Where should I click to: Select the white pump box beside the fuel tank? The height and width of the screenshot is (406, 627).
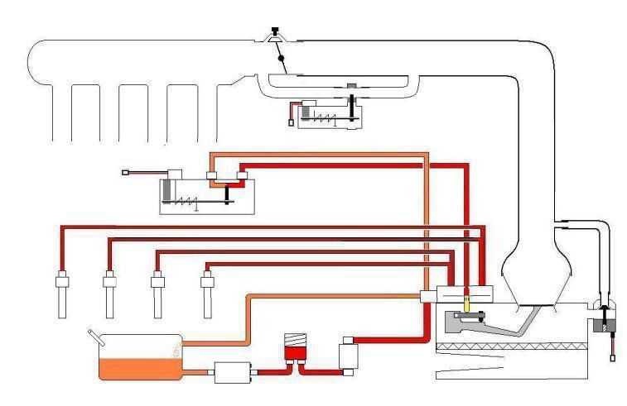pyautogui.click(x=232, y=374)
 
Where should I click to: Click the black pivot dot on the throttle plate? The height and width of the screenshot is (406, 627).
pyautogui.click(x=282, y=60)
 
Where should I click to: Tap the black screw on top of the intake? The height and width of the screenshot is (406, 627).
pyautogui.click(x=273, y=31)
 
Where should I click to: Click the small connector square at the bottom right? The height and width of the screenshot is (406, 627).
pyautogui.click(x=612, y=358)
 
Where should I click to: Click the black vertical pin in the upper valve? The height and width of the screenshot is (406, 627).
pyautogui.click(x=352, y=108)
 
